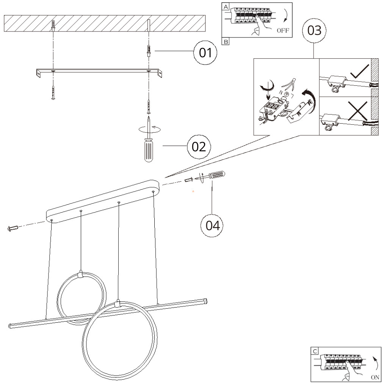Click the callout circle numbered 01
click(206, 53)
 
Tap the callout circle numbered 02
click(199, 146)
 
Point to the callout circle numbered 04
click(212, 226)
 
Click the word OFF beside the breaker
click(283, 31)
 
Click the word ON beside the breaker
click(375, 377)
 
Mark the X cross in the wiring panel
click(358, 110)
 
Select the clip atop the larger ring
click(118, 303)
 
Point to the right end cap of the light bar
click(205, 300)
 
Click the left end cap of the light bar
click(11, 326)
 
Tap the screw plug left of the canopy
click(13, 228)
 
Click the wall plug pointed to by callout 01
click(149, 50)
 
